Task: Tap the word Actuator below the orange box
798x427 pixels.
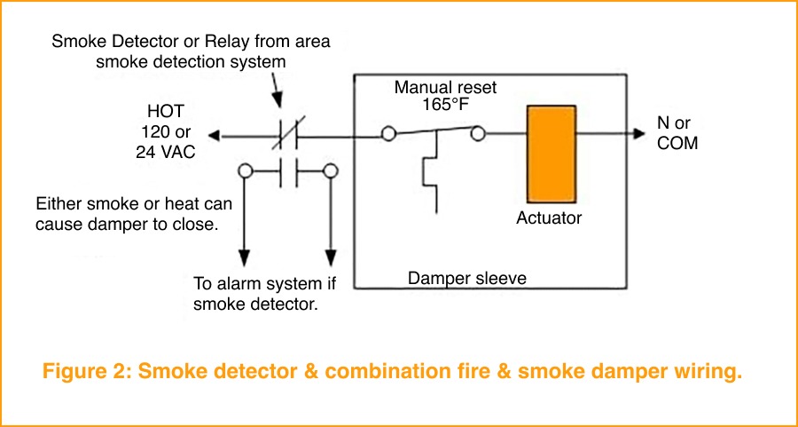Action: coord(550,217)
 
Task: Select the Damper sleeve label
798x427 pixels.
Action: coord(466,279)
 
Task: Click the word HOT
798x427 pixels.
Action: coord(165,114)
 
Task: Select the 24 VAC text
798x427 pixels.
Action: coord(165,152)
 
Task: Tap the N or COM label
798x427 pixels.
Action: coord(677,132)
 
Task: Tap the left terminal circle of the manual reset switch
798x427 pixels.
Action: coord(388,135)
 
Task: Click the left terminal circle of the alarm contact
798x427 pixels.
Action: coord(245,170)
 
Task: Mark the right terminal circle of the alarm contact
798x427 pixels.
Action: coord(331,170)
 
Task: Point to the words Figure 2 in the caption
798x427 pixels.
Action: coord(84,372)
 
